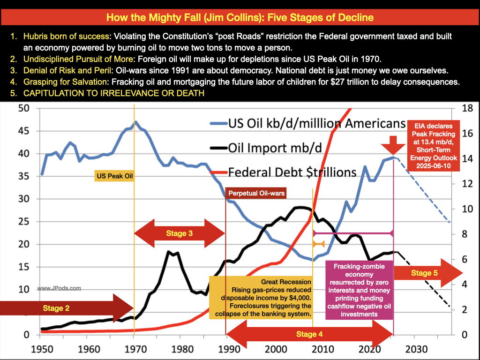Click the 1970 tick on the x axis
135,349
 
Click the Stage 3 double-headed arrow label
180,233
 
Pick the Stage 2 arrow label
56,308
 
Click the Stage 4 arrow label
309,334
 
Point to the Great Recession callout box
261,298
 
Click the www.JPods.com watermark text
59,289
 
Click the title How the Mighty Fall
240,18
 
